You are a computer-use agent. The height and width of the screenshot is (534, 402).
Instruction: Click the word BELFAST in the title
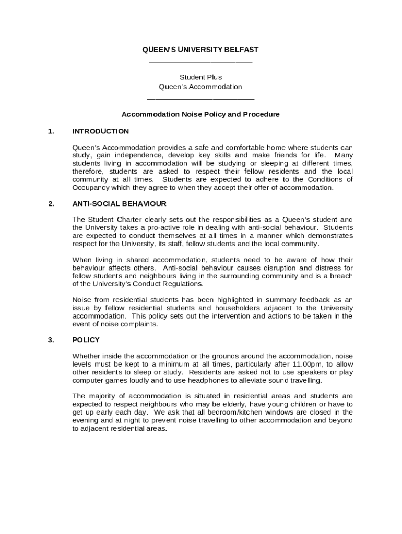(243, 50)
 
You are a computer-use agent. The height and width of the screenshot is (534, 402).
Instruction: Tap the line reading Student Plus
(200, 77)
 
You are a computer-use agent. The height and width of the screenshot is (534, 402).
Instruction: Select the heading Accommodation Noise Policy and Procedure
(200, 114)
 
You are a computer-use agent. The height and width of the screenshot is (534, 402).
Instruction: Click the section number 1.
(51, 131)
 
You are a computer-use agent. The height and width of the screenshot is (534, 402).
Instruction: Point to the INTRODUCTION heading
(100, 131)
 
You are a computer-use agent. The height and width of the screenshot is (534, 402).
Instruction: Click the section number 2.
(51, 204)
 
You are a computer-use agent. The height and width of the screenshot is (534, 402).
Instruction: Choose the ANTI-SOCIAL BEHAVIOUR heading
(119, 204)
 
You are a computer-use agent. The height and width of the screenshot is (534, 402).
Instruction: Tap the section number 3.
(51, 340)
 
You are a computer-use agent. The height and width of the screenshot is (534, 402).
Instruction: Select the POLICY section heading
(86, 340)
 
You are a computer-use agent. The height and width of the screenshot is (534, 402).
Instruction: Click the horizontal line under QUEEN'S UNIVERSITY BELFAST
(200, 63)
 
